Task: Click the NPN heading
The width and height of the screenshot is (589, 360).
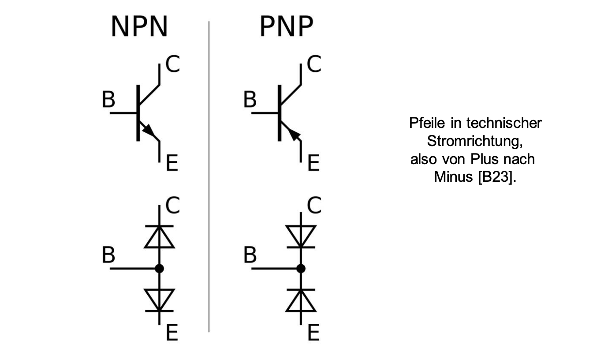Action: click(x=139, y=27)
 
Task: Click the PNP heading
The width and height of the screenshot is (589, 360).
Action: click(x=286, y=27)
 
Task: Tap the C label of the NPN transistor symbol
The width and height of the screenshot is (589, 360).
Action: click(x=172, y=64)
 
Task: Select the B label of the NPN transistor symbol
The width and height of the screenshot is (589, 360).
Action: click(x=108, y=100)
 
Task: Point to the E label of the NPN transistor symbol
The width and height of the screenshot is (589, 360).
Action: click(x=171, y=164)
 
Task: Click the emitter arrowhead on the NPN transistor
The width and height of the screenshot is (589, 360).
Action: click(x=150, y=131)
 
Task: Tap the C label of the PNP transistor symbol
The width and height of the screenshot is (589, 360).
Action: click(x=314, y=64)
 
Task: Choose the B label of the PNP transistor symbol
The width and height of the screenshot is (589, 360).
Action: click(x=250, y=100)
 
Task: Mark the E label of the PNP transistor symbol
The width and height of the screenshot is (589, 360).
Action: click(x=313, y=164)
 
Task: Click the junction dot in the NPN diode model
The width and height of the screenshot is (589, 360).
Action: click(x=160, y=268)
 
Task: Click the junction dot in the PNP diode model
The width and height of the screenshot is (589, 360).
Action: click(x=301, y=268)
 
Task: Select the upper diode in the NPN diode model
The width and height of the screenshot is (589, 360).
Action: click(x=160, y=236)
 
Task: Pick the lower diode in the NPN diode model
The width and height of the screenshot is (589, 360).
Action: click(x=160, y=300)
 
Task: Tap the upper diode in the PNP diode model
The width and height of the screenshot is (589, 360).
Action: click(x=301, y=236)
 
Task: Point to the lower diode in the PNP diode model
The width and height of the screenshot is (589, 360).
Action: click(x=301, y=300)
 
